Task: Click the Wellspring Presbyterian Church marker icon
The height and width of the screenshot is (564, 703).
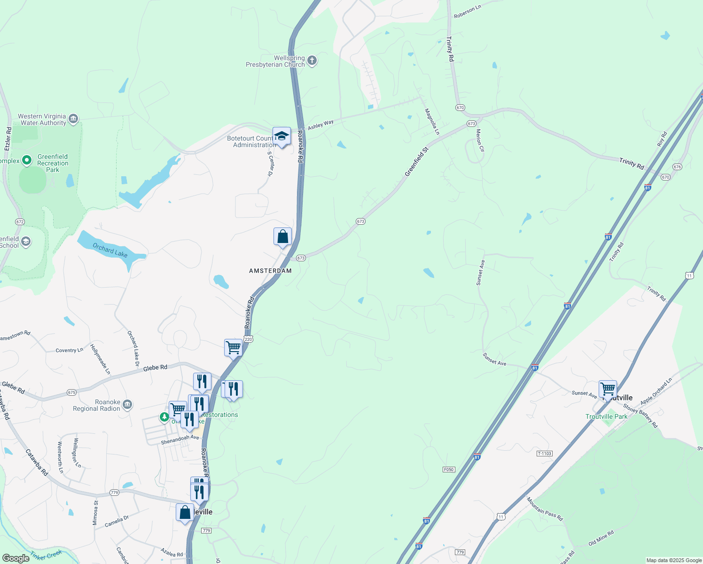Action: pyautogui.click(x=312, y=61)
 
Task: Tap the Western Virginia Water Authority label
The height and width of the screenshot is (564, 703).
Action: pyautogui.click(x=42, y=119)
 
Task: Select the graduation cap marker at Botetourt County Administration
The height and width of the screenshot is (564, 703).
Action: pyautogui.click(x=281, y=136)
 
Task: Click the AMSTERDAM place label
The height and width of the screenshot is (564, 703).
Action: pyautogui.click(x=270, y=271)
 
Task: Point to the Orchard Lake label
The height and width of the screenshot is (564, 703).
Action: pyautogui.click(x=110, y=250)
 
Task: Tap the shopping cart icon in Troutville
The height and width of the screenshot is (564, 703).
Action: pyautogui.click(x=608, y=389)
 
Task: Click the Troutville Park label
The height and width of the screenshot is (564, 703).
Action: pyautogui.click(x=606, y=416)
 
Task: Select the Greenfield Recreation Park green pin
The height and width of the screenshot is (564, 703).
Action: pyautogui.click(x=27, y=160)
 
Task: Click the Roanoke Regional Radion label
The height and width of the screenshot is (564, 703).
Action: pyautogui.click(x=96, y=405)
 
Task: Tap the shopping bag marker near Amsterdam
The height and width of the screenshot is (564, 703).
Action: pyautogui.click(x=282, y=236)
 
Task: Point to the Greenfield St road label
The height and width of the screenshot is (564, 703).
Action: pyautogui.click(x=417, y=162)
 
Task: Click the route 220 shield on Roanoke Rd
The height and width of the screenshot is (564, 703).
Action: pyautogui.click(x=249, y=339)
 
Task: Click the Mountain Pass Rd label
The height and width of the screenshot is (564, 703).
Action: pyautogui.click(x=545, y=509)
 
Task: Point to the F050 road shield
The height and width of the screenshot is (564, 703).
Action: pyautogui.click(x=449, y=470)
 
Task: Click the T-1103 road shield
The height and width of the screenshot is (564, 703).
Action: pyautogui.click(x=544, y=454)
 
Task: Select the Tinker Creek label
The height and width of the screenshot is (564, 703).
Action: pyautogui.click(x=46, y=555)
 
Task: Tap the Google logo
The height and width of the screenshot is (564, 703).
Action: pyautogui.click(x=16, y=558)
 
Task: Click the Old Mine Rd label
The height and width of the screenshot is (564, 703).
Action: pyautogui.click(x=601, y=538)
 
